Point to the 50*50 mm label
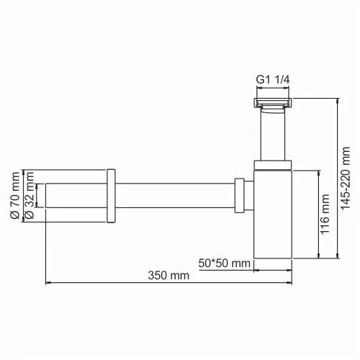(225, 264)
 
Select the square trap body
(273, 216)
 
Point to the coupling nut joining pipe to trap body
(240, 196)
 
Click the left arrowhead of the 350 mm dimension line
(48, 283)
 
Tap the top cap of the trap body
(273, 165)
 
